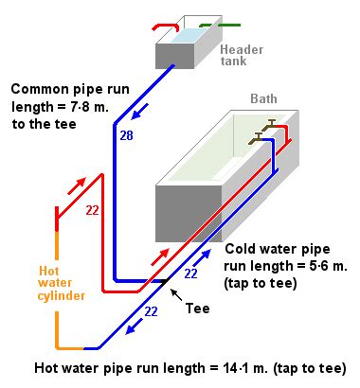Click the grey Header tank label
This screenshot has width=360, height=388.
coord(242,55)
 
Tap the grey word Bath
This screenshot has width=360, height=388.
coord(263,98)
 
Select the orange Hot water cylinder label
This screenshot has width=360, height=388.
coord(61,283)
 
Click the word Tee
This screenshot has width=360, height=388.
coord(197,309)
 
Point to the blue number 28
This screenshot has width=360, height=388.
coord(127,136)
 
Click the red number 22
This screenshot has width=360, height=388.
coord(92,211)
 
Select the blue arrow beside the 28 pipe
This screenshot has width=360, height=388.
coord(138,112)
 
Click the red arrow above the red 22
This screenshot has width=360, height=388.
coord(77,185)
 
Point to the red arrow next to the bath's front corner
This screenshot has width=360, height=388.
coord(160,256)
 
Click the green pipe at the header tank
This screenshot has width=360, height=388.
coord(220,25)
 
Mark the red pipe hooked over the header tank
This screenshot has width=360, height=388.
coord(166,27)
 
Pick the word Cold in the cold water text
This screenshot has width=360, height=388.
coord(237,249)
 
